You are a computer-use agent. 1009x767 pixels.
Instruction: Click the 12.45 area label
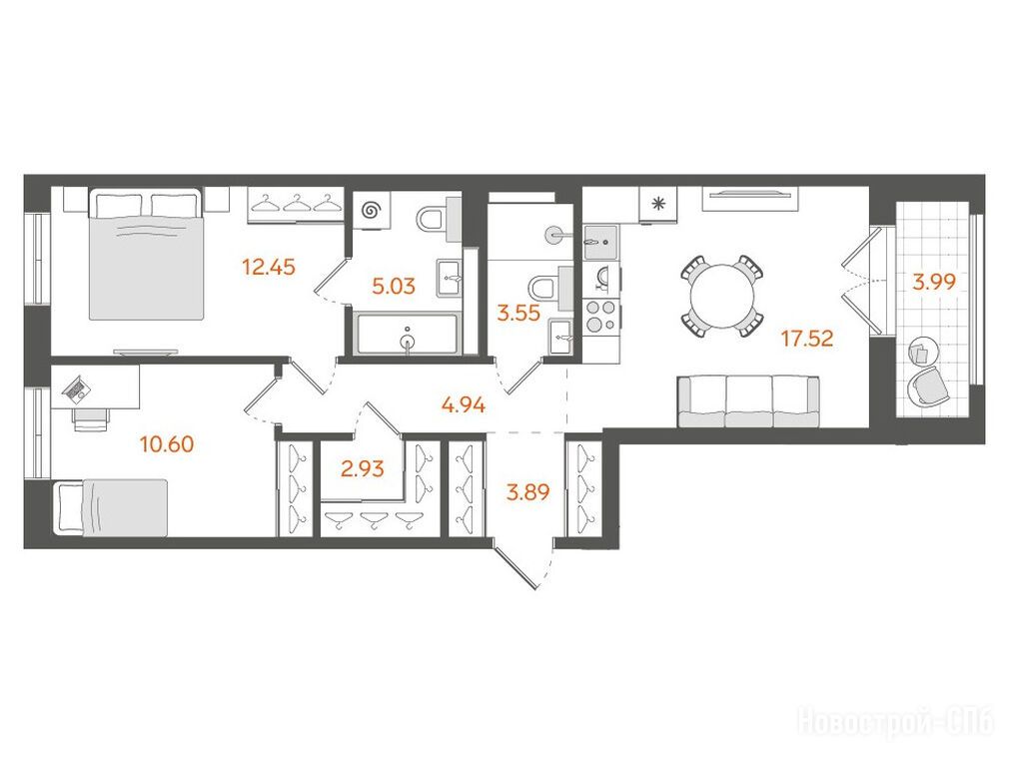click(269, 266)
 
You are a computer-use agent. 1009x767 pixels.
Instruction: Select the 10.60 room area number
click(167, 444)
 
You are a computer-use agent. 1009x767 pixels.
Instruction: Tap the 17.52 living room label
click(807, 338)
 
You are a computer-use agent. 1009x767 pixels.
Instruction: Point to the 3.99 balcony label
click(934, 282)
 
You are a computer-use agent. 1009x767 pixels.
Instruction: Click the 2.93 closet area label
click(363, 468)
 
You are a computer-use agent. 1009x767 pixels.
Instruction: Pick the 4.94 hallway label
click(464, 405)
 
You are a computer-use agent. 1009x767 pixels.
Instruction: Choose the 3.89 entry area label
click(528, 493)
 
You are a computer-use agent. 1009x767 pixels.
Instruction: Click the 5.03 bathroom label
click(394, 286)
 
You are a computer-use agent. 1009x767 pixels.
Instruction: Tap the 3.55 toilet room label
click(518, 313)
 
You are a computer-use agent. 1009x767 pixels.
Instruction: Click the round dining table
click(721, 296)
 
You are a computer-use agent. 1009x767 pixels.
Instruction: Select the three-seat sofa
click(748, 402)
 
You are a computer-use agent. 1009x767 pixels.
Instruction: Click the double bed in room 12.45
click(147, 254)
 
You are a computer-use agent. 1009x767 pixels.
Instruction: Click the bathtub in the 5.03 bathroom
click(408, 334)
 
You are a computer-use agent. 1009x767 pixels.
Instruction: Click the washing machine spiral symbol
click(371, 209)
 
